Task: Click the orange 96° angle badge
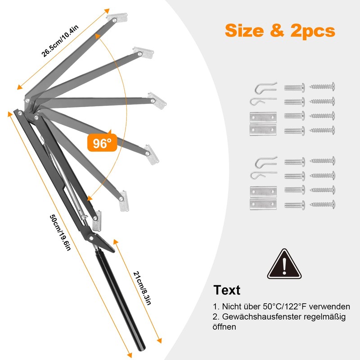coord(102,142)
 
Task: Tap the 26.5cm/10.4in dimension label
coord(60,40)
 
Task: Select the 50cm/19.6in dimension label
coord(60,233)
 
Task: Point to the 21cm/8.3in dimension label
coord(142,288)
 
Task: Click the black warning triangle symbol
coord(284,265)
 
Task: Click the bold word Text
coord(227,290)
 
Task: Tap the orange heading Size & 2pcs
coord(280,31)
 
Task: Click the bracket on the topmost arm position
coord(117,18)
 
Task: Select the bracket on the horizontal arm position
coord(157,101)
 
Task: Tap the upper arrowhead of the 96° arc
coord(98,36)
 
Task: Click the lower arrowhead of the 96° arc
coord(90,198)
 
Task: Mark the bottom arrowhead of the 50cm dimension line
coord(130,355)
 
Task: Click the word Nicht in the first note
coord(230,306)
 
